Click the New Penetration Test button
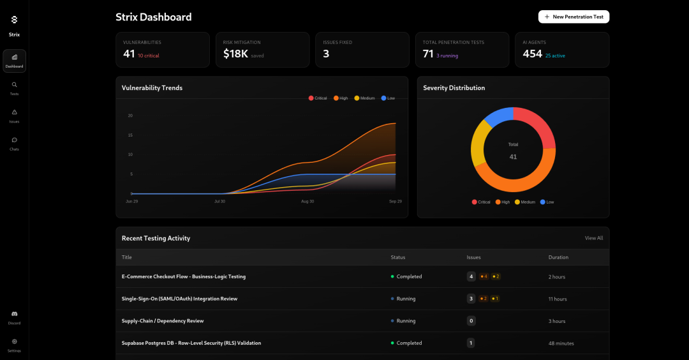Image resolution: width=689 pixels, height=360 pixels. [574, 17]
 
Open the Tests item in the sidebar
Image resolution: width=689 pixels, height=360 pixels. [14, 88]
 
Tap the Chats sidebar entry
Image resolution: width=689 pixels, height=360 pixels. [14, 143]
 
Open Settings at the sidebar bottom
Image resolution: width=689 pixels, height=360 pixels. [14, 345]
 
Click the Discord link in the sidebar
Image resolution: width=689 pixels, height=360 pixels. [14, 317]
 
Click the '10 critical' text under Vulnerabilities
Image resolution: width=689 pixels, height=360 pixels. [148, 56]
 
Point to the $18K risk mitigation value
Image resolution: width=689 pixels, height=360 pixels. [235, 54]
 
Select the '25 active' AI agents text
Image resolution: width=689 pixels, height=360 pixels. [555, 56]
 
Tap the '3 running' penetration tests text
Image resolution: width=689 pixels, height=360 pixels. [447, 56]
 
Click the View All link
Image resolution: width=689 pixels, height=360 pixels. [593, 238]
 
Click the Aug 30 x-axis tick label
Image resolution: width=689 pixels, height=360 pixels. [307, 201]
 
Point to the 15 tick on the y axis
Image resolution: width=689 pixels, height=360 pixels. [130, 135]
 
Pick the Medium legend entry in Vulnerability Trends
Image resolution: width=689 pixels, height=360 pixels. [364, 98]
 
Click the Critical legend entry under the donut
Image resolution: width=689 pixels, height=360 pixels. [481, 202]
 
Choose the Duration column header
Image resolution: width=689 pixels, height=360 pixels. [558, 257]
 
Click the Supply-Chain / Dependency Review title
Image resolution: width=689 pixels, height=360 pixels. [163, 320]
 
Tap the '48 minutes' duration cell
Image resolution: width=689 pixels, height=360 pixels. [561, 343]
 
